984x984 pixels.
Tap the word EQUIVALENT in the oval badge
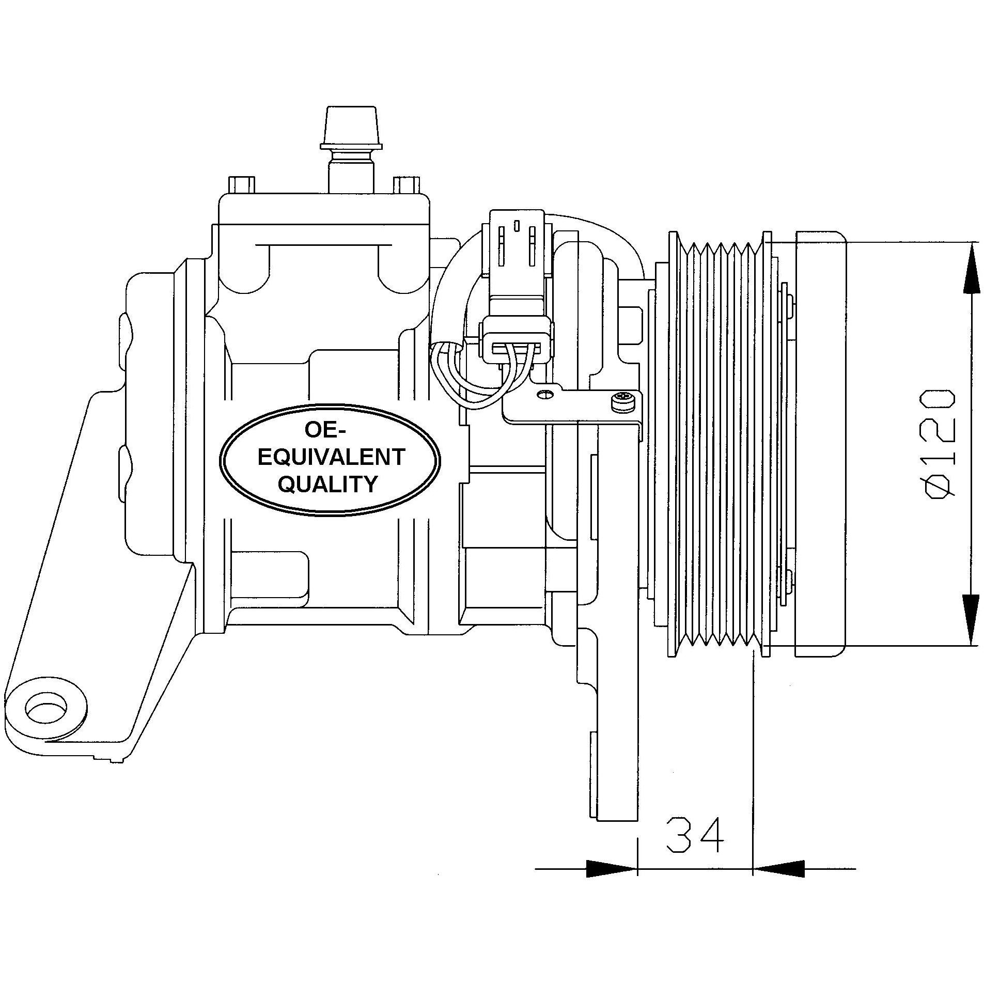(x=331, y=457)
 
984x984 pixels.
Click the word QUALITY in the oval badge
(x=328, y=484)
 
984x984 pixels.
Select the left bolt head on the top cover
(x=241, y=184)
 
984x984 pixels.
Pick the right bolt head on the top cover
(x=406, y=184)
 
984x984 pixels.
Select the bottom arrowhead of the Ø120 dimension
(x=972, y=620)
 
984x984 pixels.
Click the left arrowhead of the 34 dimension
(x=611, y=868)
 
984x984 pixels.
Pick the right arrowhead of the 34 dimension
(x=779, y=868)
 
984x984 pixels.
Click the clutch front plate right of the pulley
(x=820, y=444)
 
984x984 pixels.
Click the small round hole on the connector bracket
(x=543, y=395)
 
